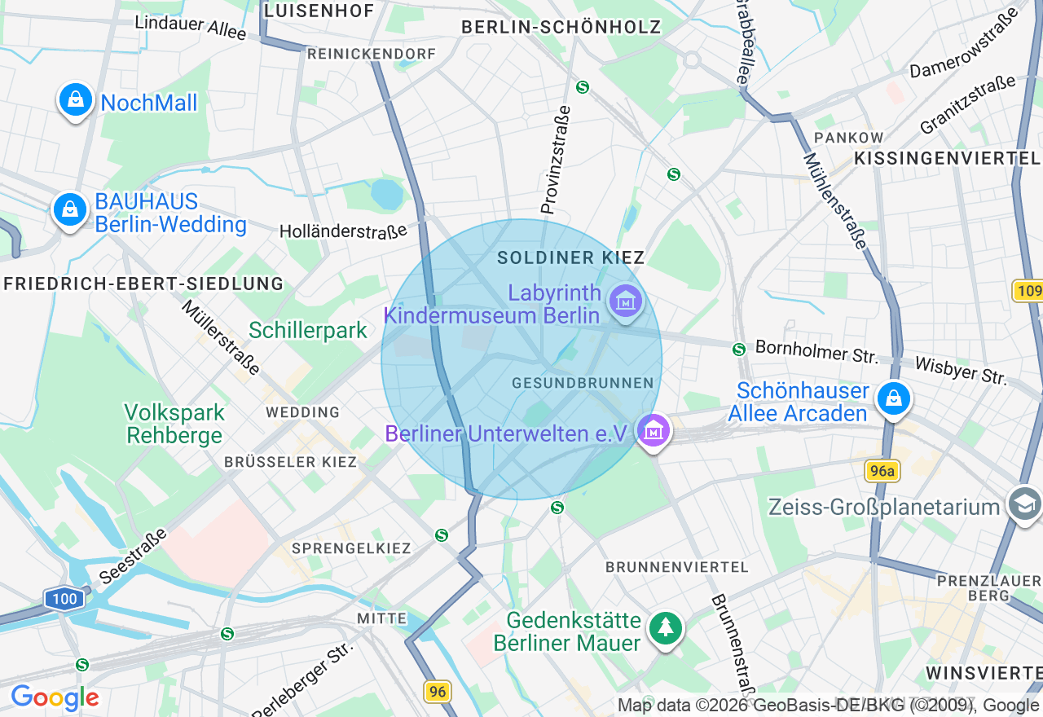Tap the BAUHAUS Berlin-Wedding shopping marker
70,210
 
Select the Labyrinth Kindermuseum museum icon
625,302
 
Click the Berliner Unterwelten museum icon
654,431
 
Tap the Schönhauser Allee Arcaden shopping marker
894,399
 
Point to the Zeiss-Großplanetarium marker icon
1023,504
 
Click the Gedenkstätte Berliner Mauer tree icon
666,627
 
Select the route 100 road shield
64,599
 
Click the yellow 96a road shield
881,470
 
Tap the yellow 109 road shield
1028,291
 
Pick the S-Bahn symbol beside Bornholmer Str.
739,350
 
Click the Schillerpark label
308,330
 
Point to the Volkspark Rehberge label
174,424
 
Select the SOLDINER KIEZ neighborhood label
571,257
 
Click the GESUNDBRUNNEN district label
583,383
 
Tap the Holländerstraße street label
343,231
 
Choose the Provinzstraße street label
556,160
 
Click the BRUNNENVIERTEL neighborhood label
676,566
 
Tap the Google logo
55,698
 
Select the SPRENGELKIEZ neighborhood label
351,548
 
